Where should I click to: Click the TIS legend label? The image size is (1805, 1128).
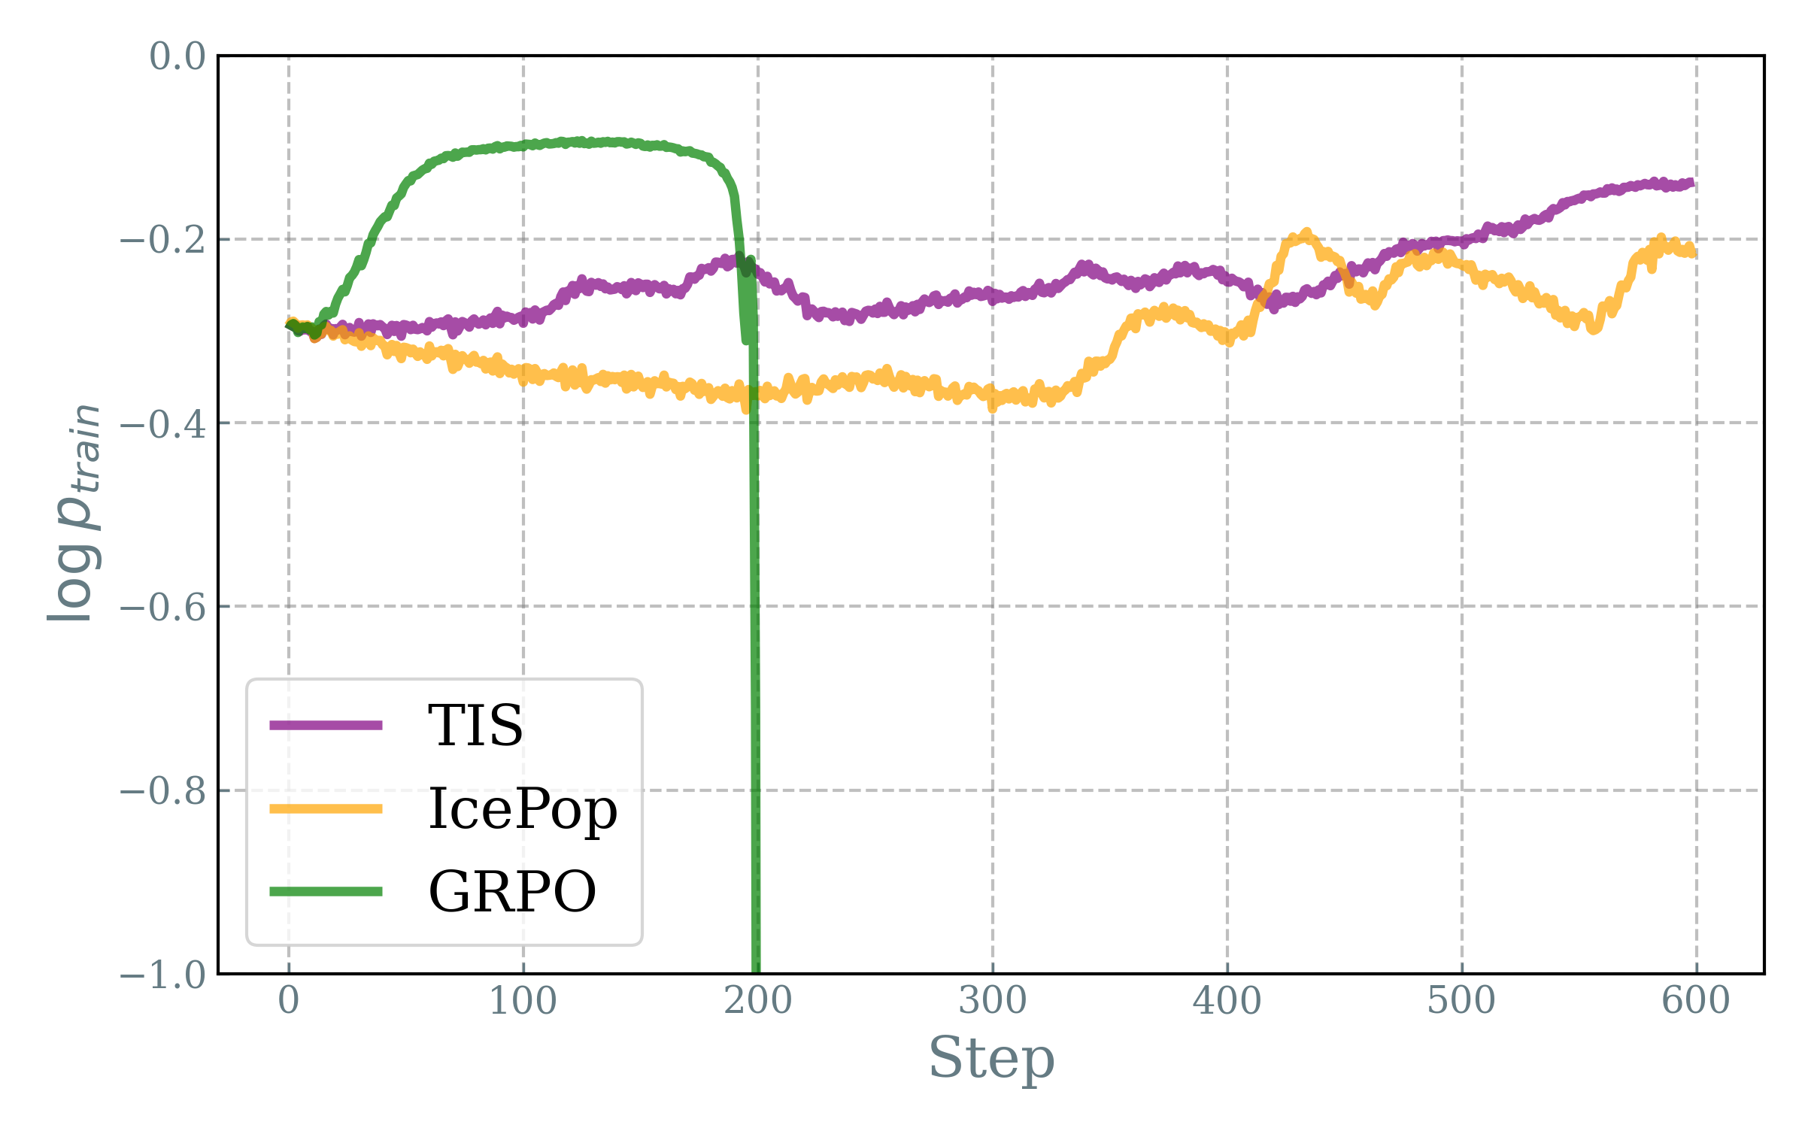475,726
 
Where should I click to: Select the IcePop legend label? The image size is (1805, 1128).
523,809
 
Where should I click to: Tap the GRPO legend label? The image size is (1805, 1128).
512,892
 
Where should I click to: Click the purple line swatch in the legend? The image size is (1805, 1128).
326,726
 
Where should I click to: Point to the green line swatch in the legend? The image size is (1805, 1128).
326,892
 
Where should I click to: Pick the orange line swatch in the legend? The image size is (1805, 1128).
326,809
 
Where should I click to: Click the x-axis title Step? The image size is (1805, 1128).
991,1059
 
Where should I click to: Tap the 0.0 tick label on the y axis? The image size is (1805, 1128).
177,56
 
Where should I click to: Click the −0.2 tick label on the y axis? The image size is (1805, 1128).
163,240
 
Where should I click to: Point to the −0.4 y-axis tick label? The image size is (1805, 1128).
163,424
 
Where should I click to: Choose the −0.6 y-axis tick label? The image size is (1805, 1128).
163,607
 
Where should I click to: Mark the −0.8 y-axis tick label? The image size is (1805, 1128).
163,791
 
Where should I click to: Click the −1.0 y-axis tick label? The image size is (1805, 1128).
163,975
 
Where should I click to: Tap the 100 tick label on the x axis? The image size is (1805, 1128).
523,1001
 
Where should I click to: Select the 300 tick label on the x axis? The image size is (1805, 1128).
992,1001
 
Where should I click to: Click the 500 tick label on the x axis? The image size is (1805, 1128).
1461,1001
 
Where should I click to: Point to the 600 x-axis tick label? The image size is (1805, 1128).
1696,1001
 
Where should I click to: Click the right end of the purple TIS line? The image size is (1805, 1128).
1691,183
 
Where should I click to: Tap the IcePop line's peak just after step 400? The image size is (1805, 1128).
1306,233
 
